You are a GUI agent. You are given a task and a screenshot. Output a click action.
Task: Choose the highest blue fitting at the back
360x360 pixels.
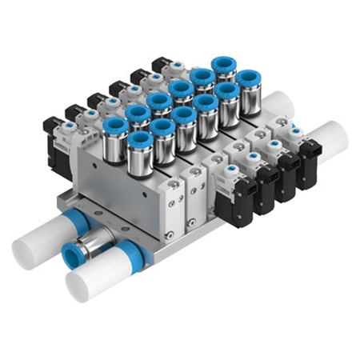click(224, 68)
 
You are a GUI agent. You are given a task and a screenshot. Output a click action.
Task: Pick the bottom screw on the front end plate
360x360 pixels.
click(169, 234)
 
